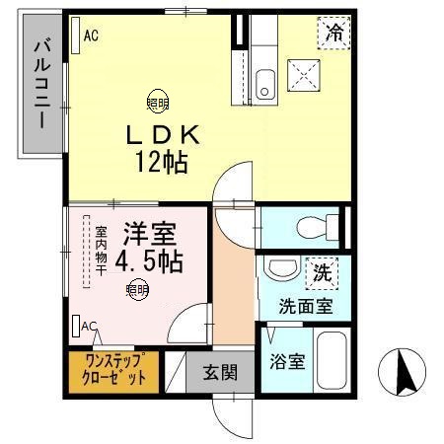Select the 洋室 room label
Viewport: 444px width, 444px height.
click(149, 236)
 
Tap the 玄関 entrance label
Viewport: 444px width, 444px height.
click(220, 373)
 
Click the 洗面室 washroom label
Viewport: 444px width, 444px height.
click(305, 306)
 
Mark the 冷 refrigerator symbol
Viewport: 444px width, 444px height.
click(335, 33)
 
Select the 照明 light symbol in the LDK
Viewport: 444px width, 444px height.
click(157, 100)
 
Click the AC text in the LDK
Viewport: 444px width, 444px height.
click(91, 36)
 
